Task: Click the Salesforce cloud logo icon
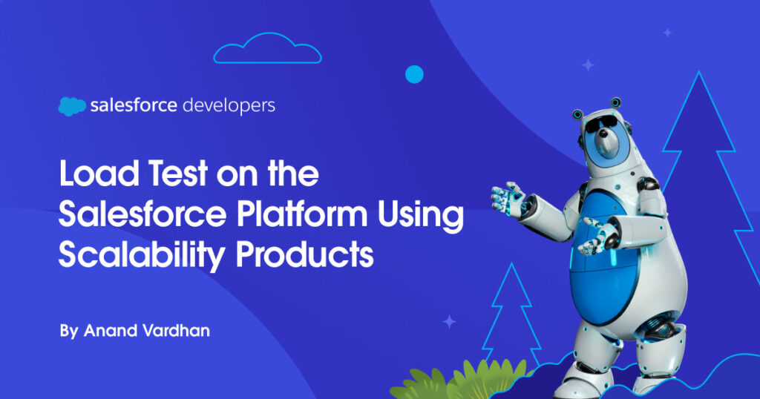(x=72, y=106)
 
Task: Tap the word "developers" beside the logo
(x=229, y=106)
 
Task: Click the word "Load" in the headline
(x=99, y=173)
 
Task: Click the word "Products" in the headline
(x=305, y=254)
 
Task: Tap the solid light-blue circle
(x=414, y=74)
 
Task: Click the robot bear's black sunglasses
(x=601, y=124)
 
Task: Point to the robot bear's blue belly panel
(x=604, y=262)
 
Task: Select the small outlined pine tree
(x=512, y=314)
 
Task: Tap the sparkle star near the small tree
(x=449, y=322)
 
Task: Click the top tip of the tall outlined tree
(x=699, y=72)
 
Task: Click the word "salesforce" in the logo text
(x=134, y=105)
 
